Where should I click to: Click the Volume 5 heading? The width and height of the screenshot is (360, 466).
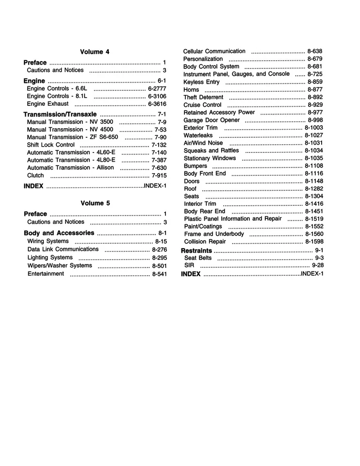point(95,203)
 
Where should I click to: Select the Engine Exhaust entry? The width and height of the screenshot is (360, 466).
point(48,104)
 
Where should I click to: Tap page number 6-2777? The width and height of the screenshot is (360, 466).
point(157,89)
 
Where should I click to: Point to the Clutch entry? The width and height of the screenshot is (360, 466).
point(35,176)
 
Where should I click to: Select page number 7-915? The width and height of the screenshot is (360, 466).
point(159,176)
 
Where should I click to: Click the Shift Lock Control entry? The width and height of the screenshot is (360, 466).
point(51,145)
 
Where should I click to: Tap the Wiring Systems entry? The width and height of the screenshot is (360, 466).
point(48,241)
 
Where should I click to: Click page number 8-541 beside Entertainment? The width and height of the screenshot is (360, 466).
point(159,274)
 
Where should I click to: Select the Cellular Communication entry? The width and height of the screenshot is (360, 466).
point(214,51)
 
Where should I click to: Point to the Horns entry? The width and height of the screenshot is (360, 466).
point(191,90)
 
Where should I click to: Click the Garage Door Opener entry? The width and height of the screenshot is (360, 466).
point(212,120)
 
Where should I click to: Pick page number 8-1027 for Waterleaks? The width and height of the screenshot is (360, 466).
point(314,135)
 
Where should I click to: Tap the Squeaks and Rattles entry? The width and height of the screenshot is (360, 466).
point(211,150)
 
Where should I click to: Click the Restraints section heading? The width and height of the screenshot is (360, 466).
point(196,250)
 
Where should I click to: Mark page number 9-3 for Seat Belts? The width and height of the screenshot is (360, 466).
point(319,258)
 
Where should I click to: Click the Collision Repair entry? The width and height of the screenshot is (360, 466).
point(205,241)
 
